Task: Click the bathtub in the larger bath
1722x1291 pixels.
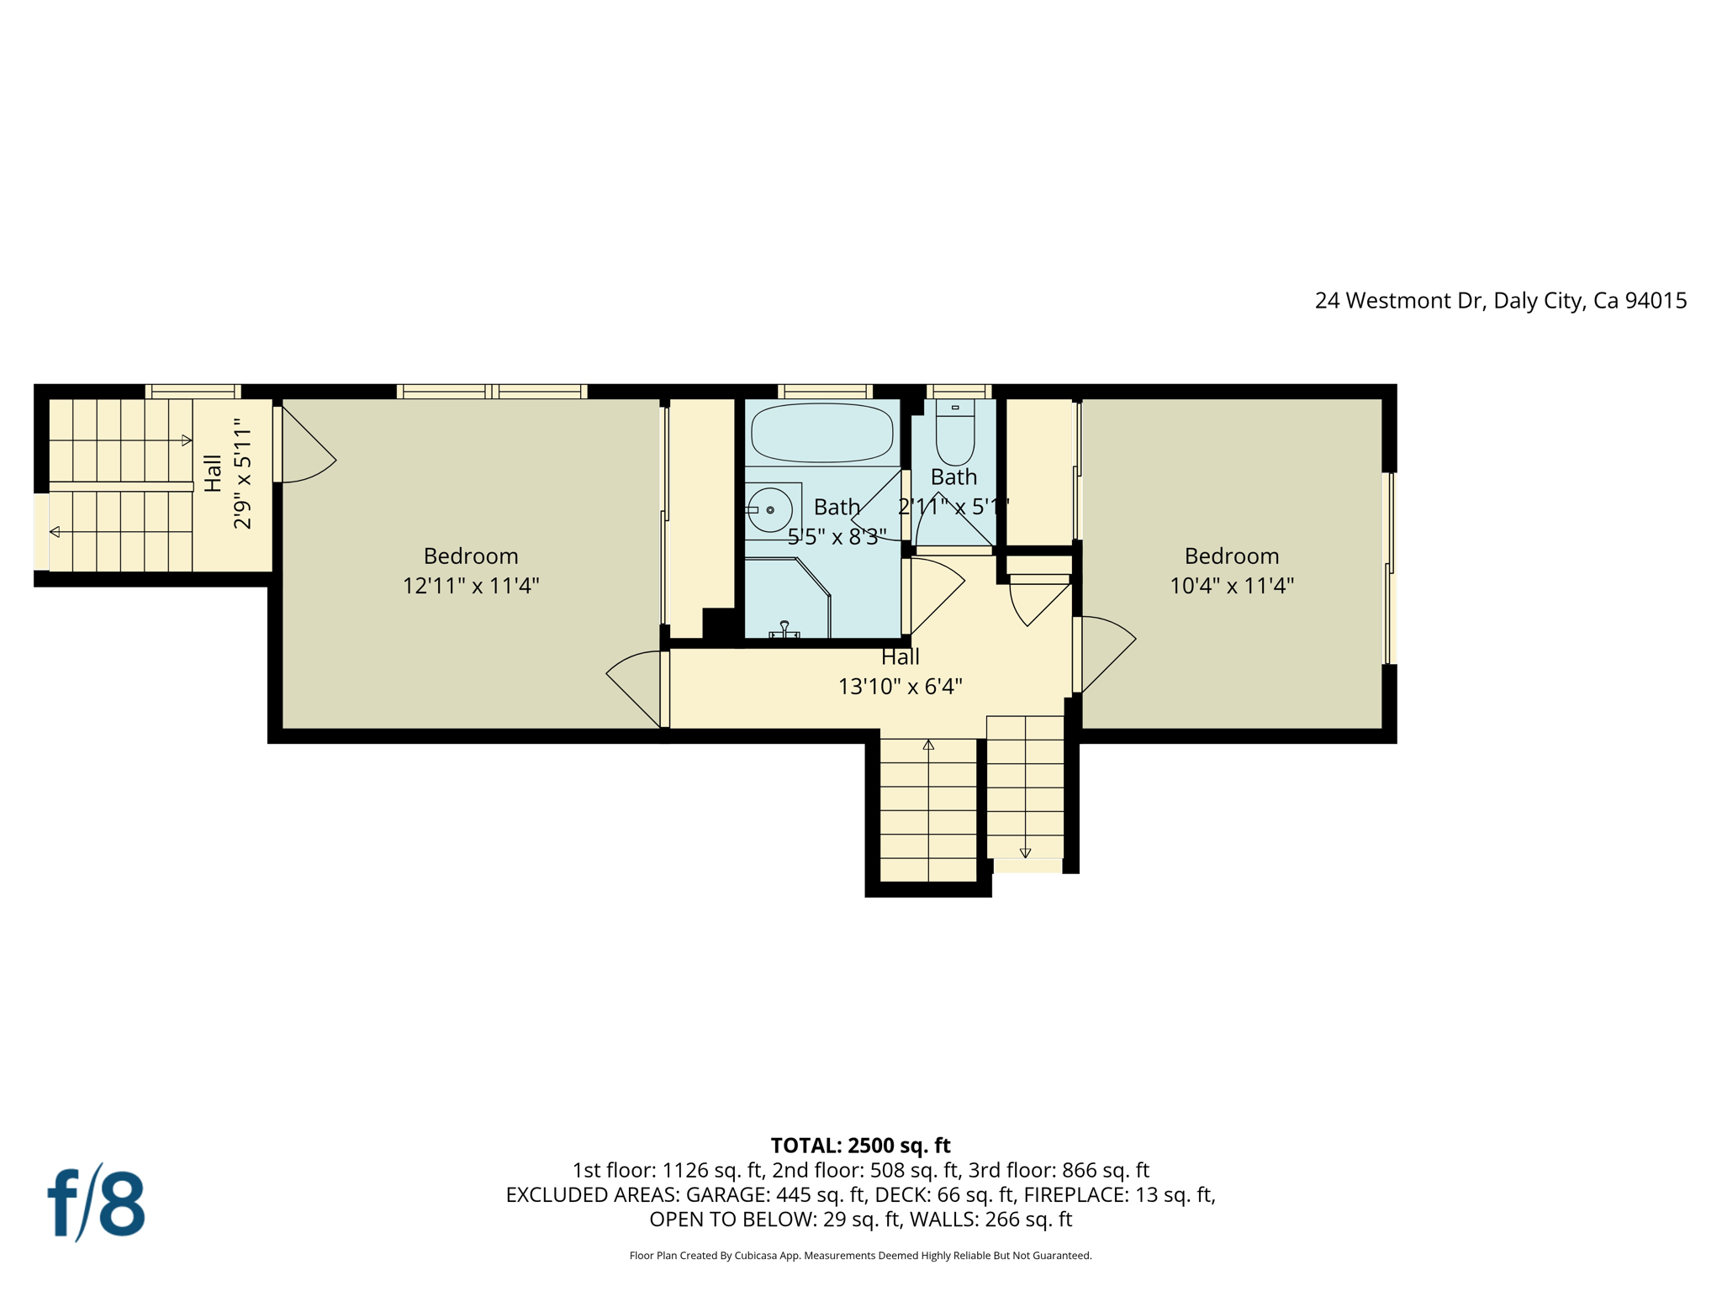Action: pos(821,432)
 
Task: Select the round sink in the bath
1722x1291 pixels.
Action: pos(769,510)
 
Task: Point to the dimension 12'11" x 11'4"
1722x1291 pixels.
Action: pos(470,585)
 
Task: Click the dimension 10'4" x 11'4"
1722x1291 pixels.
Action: pos(1231,585)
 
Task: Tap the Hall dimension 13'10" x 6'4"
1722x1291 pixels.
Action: pos(900,687)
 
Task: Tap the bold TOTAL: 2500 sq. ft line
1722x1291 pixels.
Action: pos(860,1146)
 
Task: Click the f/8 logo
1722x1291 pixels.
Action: pos(96,1203)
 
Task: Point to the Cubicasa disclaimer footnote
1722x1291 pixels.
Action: pos(860,1256)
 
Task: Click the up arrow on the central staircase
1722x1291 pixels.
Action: pos(928,745)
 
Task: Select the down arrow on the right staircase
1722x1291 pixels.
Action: pos(1025,853)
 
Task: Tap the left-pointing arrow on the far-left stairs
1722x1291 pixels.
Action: pos(55,532)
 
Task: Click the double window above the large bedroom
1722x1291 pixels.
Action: pos(492,392)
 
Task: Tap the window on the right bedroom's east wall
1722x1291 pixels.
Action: pos(1390,568)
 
